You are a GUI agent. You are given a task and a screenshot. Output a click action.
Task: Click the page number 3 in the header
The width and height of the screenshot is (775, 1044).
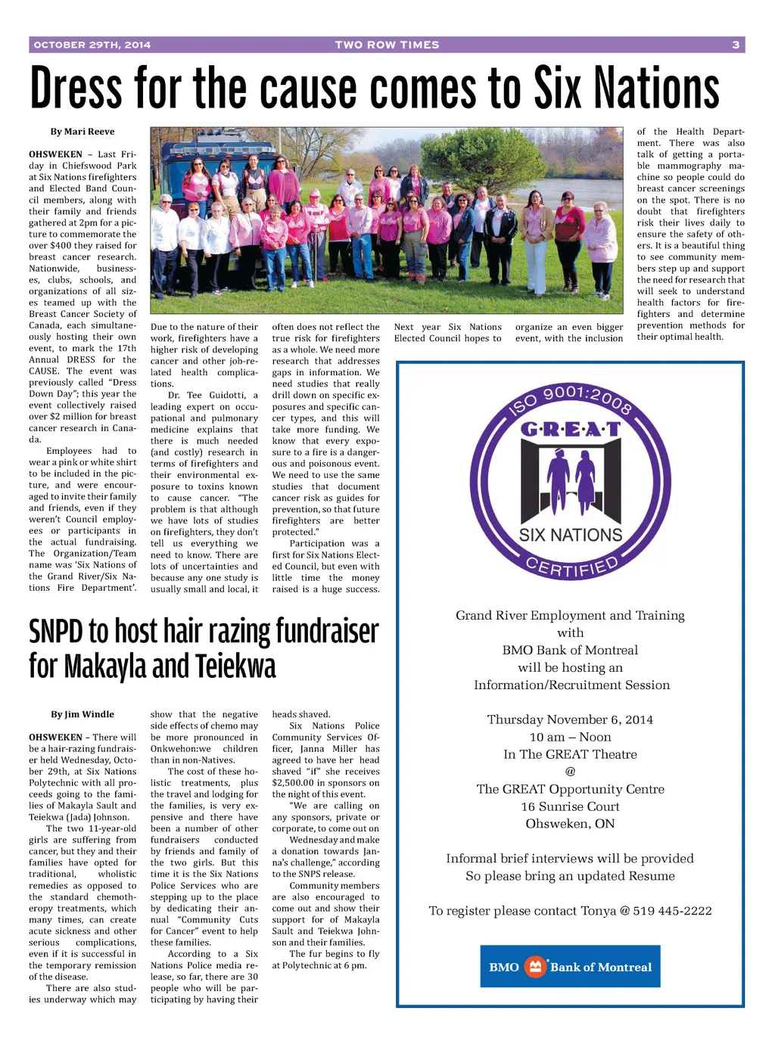(735, 45)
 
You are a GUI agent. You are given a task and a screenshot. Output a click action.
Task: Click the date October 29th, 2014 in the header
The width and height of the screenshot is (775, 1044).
(92, 45)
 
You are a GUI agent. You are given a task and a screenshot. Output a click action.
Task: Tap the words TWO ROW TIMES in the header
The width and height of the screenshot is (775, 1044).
(387, 45)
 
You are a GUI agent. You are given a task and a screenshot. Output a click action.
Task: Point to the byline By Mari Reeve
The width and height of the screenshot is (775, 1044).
(82, 132)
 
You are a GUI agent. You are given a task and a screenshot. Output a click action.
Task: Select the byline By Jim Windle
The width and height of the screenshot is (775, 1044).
(82, 714)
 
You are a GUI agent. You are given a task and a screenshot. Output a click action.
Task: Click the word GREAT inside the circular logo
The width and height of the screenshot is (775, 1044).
(570, 430)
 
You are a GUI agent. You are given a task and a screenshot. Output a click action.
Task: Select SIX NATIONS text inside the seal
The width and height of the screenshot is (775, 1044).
(570, 535)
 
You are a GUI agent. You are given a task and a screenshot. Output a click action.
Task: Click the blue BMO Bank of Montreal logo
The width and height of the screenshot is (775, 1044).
(570, 966)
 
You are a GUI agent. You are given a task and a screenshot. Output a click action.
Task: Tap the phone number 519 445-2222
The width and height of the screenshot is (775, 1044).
(672, 911)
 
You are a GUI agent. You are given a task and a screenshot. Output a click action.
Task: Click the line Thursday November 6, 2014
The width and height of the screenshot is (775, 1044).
(570, 719)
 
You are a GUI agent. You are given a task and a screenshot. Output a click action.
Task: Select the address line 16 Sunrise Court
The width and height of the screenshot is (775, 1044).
(570, 806)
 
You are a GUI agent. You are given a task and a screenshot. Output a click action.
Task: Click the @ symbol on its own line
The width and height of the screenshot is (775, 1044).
(570, 772)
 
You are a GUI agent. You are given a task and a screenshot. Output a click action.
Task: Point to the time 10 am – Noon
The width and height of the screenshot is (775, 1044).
(570, 737)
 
